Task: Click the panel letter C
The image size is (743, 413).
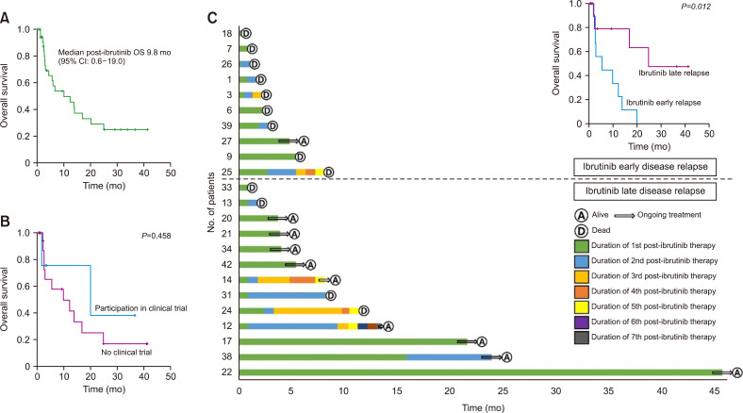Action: pyautogui.click(x=212, y=17)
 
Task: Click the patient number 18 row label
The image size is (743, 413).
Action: pyautogui.click(x=228, y=34)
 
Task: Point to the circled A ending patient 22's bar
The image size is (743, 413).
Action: pyautogui.click(x=736, y=372)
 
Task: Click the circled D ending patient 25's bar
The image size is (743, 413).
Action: pyautogui.click(x=327, y=172)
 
